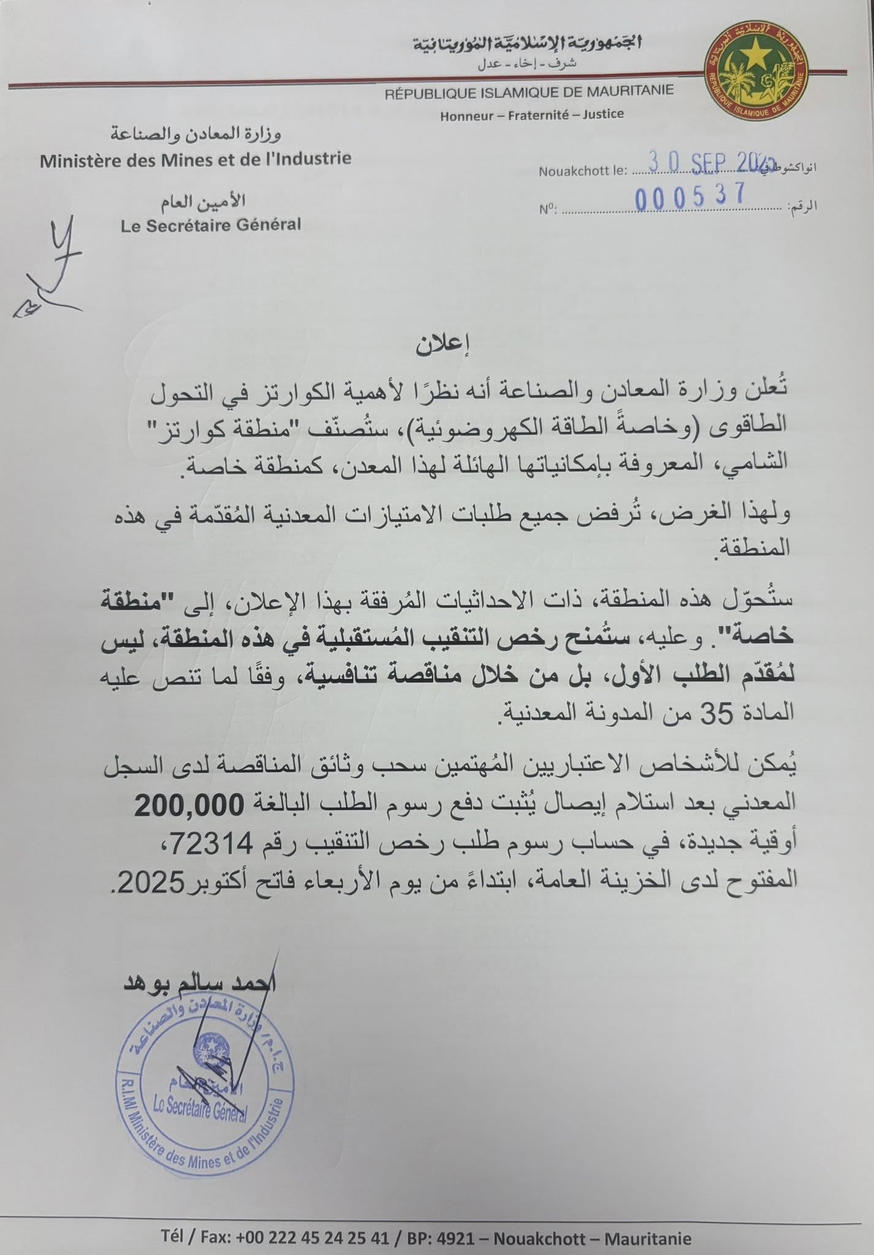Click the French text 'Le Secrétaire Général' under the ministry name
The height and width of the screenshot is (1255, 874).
[x=211, y=225]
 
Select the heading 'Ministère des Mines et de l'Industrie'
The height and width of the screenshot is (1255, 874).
[x=196, y=159]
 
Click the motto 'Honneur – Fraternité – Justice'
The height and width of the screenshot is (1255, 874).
[x=531, y=114]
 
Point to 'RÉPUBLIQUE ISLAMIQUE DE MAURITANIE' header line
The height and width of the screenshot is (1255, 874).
[x=529, y=91]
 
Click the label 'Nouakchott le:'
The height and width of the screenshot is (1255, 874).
[x=582, y=171]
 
